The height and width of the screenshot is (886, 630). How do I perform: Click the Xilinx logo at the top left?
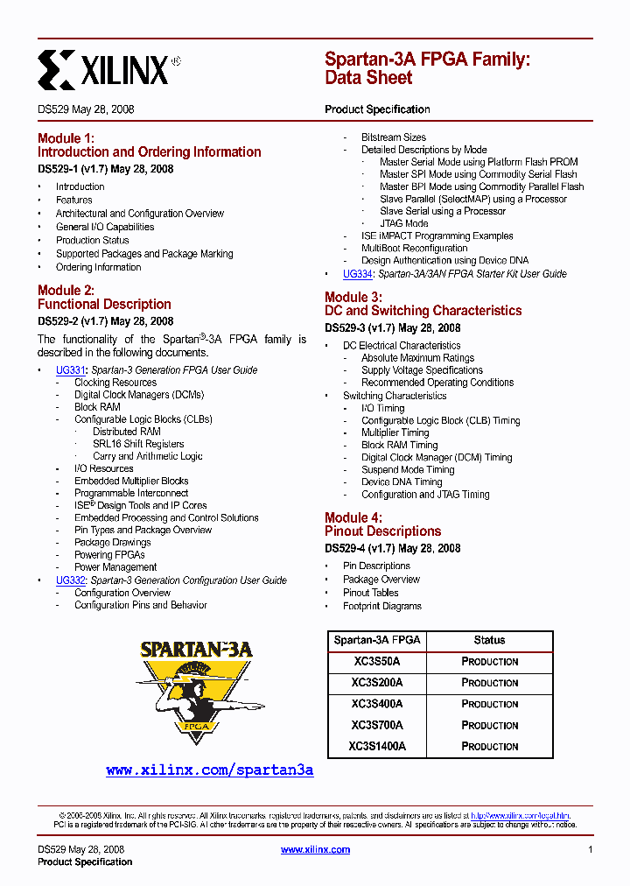click(x=109, y=69)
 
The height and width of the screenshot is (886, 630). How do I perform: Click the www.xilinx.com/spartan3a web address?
click(x=209, y=770)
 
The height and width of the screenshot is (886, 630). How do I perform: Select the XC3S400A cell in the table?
click(x=377, y=704)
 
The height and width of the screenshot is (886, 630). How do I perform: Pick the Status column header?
click(x=490, y=640)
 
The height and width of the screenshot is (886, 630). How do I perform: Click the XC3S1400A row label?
click(x=377, y=747)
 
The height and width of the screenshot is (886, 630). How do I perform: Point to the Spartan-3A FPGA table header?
click(x=377, y=640)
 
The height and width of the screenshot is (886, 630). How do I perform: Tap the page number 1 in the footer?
click(x=591, y=850)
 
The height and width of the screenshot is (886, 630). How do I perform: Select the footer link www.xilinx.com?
click(x=315, y=850)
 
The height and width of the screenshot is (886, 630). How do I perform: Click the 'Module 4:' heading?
click(x=353, y=518)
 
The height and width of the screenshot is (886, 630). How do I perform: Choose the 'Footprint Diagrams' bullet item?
click(x=381, y=606)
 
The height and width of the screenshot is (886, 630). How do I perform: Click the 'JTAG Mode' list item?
click(x=403, y=223)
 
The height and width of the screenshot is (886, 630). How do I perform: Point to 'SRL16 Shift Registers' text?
click(x=138, y=444)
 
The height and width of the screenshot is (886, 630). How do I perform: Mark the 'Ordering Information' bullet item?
click(x=98, y=267)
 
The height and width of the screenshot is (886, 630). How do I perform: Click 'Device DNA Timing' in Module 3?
click(x=402, y=482)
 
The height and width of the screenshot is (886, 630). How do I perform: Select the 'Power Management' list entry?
click(x=115, y=567)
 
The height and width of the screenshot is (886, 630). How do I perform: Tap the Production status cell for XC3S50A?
click(x=490, y=662)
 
